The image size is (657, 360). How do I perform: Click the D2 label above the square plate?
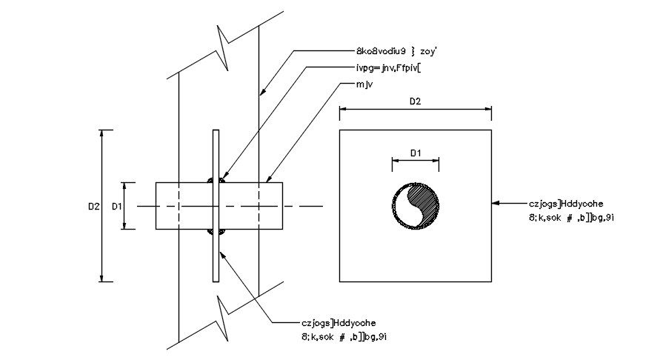pos(415,101)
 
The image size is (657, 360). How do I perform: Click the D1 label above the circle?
pos(416,153)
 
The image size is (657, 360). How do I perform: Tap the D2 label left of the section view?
pos(93,207)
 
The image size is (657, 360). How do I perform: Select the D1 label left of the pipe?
pos(116,207)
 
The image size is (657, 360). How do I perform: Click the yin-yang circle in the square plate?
pos(416,206)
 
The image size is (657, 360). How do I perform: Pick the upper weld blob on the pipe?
pos(216,180)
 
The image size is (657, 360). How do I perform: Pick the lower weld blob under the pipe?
pos(216,233)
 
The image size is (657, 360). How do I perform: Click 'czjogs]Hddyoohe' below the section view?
pos(339,323)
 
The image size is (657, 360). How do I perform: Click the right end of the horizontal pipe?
pos(281,206)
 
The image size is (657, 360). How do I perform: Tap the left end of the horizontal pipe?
pos(156,206)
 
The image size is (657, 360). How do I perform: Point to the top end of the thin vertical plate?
pos(216,132)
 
